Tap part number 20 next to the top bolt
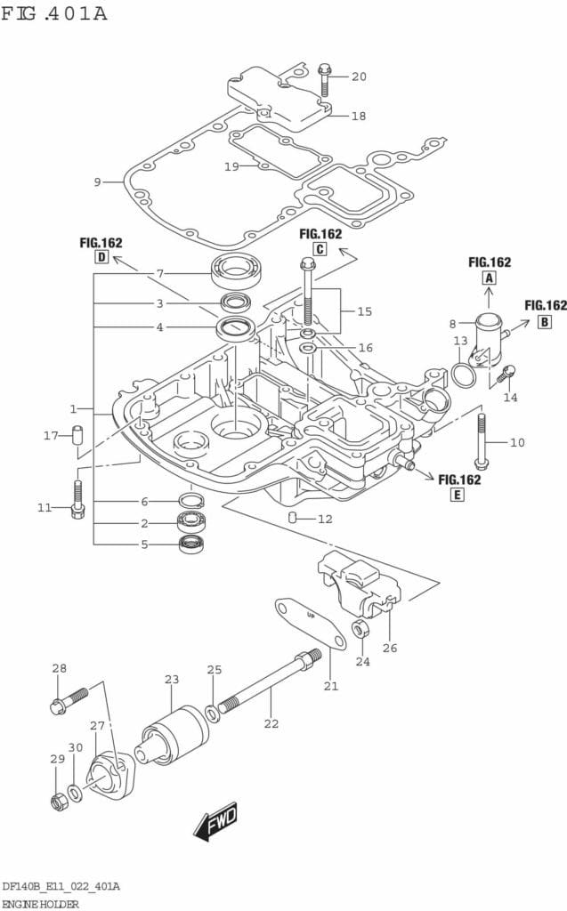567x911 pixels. click(359, 77)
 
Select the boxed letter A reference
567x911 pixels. click(489, 278)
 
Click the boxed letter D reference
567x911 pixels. click(101, 258)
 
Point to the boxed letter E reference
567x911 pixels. click(456, 496)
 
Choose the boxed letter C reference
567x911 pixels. click(320, 250)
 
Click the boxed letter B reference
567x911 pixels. click(545, 322)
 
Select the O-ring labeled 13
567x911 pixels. click(463, 375)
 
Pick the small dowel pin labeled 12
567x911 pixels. click(291, 518)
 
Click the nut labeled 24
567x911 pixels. click(360, 630)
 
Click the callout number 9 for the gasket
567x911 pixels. click(97, 182)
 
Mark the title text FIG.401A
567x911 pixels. click(55, 14)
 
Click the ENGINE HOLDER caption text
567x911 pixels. click(40, 903)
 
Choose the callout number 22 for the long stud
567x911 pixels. click(271, 723)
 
